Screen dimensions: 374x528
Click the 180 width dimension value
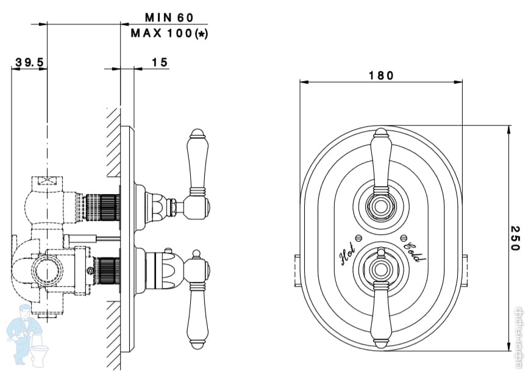381,76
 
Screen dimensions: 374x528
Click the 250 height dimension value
515,238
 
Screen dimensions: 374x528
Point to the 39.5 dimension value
29,62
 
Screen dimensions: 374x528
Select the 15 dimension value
159,62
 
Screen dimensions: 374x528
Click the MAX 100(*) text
169,33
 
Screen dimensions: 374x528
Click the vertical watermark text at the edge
520,336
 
